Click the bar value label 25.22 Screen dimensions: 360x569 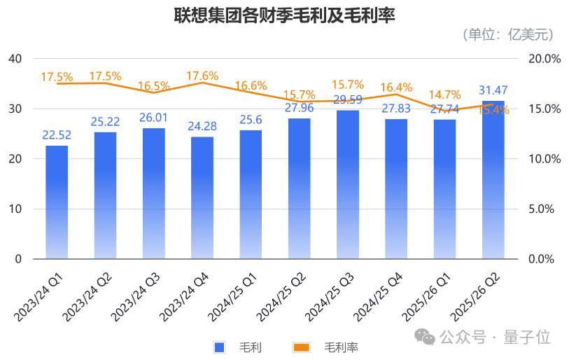(105, 122)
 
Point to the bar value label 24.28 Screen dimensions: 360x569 (202, 127)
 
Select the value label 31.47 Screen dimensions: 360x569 (493, 90)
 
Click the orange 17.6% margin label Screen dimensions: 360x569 (202, 76)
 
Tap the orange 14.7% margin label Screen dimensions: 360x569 (444, 95)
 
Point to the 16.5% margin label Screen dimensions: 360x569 (154, 86)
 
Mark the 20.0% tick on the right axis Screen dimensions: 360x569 (543, 59)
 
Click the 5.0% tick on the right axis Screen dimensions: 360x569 (543, 209)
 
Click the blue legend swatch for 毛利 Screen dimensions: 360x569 (219, 347)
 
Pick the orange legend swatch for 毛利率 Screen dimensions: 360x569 (301, 347)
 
